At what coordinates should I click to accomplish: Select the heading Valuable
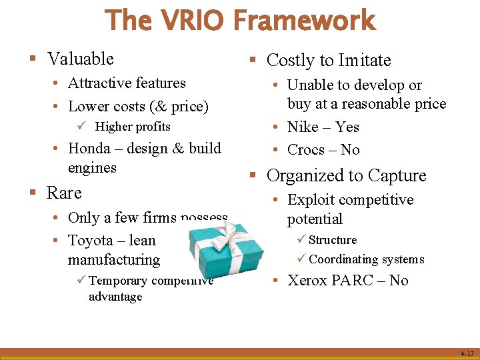click(81, 59)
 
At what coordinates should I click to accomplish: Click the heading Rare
click(64, 193)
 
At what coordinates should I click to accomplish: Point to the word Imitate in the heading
click(365, 61)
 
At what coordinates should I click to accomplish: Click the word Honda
click(89, 148)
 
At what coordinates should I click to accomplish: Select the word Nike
click(303, 127)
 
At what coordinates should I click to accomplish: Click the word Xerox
click(308, 280)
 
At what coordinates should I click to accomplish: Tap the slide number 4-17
click(467, 353)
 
